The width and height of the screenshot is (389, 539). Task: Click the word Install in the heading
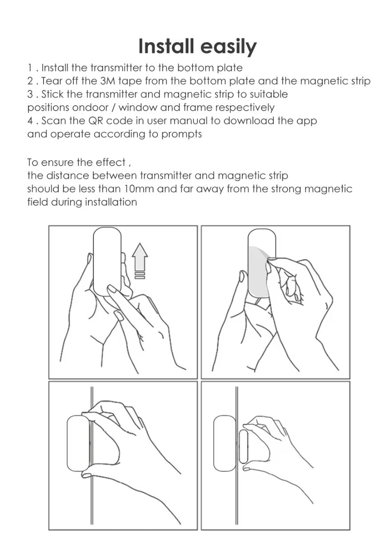pyautogui.click(x=166, y=46)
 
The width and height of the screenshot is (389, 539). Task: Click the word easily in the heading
pyautogui.click(x=229, y=48)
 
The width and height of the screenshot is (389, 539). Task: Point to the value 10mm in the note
pyautogui.click(x=139, y=189)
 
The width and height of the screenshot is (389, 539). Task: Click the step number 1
pyautogui.click(x=30, y=68)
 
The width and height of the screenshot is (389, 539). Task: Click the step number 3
pyautogui.click(x=30, y=94)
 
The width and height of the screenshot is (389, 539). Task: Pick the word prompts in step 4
pyautogui.click(x=181, y=135)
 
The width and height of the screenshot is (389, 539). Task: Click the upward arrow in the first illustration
pyautogui.click(x=140, y=257)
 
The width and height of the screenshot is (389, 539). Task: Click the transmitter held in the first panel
pyautogui.click(x=107, y=262)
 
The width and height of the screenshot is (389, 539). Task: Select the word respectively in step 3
pyautogui.click(x=245, y=108)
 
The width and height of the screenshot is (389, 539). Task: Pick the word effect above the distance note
pyautogui.click(x=111, y=163)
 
